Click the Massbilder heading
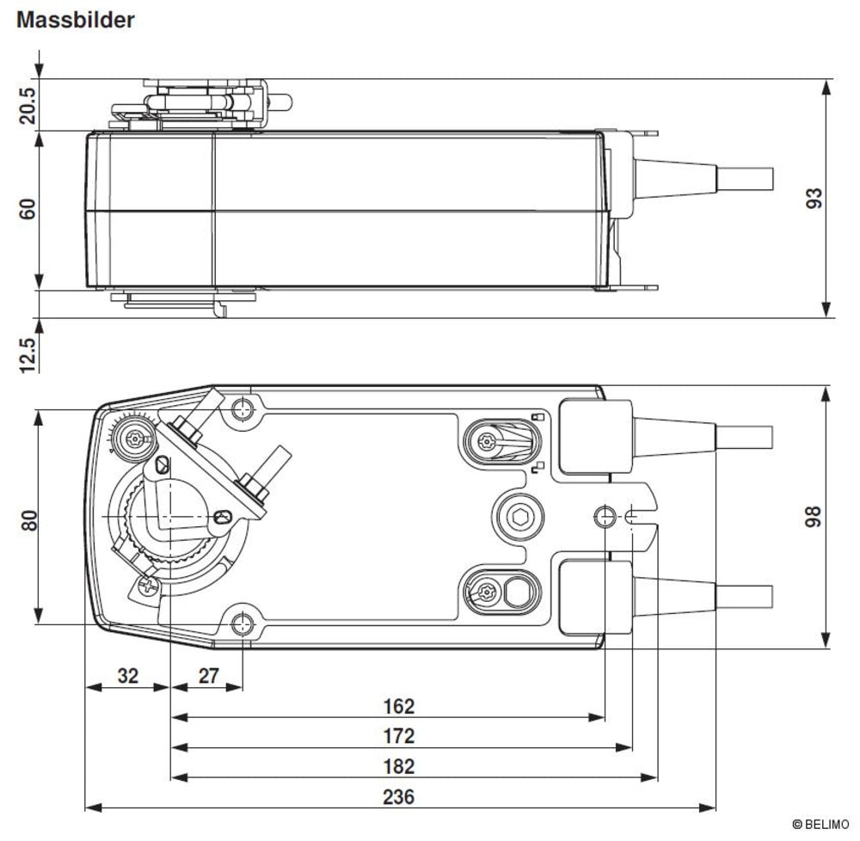[75, 21]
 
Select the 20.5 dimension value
[28, 106]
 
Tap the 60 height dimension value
[28, 209]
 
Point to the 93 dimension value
[814, 198]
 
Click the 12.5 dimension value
[28, 355]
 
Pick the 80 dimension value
[29, 519]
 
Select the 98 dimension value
[813, 517]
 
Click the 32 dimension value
[128, 675]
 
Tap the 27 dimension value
[208, 675]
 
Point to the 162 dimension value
[399, 706]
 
